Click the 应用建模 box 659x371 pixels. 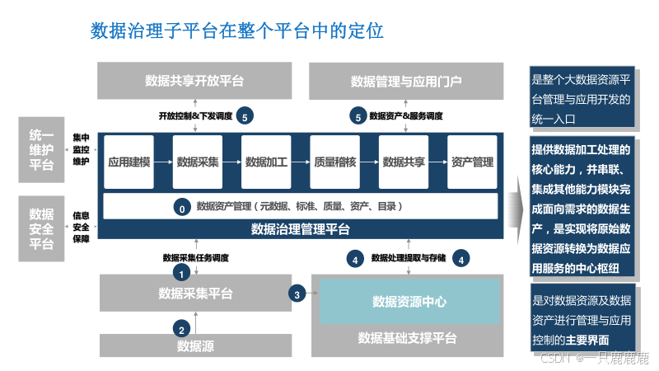129,162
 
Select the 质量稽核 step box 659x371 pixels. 335,162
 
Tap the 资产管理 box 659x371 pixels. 472,162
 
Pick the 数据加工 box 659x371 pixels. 266,162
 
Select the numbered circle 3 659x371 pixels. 297,293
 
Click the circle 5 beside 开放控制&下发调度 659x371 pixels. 245,116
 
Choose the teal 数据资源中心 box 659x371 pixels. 409,301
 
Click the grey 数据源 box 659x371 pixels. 196,345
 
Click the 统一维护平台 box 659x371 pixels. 41,149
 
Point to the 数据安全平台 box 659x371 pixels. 41,229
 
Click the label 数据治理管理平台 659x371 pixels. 301,229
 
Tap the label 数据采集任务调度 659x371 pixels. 196,258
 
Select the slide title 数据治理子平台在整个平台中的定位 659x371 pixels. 236,32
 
